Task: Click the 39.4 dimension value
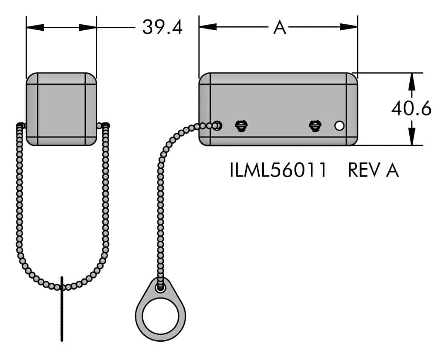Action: tap(162, 27)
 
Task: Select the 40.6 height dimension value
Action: tap(411, 109)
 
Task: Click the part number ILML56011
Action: tap(278, 170)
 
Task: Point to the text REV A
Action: tap(373, 170)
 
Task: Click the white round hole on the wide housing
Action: tap(339, 126)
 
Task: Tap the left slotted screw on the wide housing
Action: tap(241, 125)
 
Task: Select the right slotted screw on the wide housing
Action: tap(315, 125)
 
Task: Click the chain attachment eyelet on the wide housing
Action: tap(217, 125)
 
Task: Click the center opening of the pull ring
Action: tap(160, 319)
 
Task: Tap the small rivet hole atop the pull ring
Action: tap(161, 288)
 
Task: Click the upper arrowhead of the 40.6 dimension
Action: tap(411, 81)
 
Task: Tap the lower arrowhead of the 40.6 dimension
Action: tap(411, 137)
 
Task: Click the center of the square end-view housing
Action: tap(61, 109)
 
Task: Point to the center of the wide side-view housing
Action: tap(278, 109)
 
